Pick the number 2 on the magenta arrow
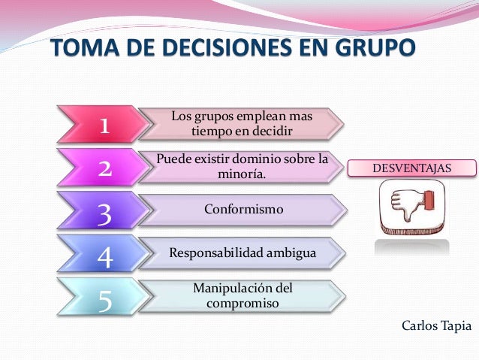[x=104, y=168]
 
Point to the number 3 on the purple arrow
[x=104, y=213]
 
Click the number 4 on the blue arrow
[x=105, y=257]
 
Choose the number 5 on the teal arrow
[x=105, y=301]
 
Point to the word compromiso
[x=242, y=303]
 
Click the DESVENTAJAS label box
[x=411, y=168]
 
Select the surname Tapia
[x=456, y=325]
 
